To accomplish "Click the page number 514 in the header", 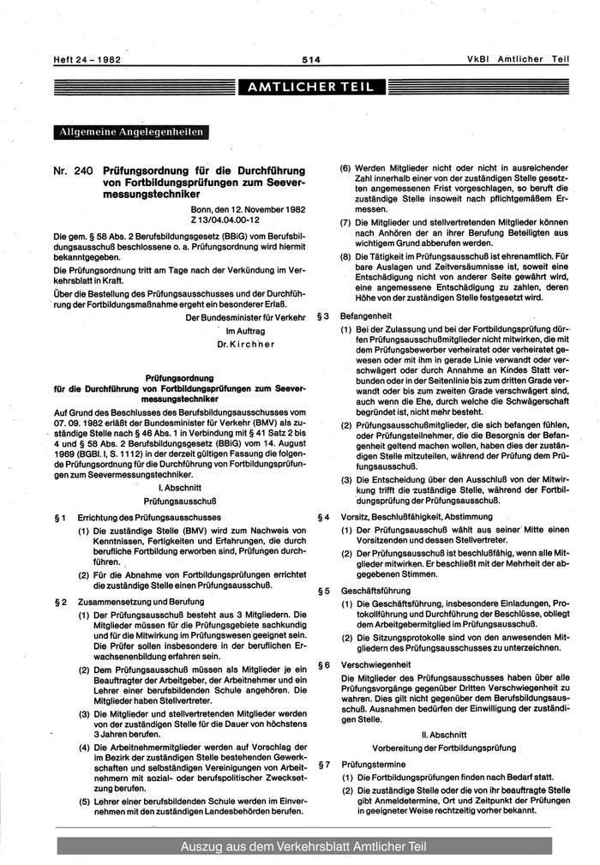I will (x=310, y=59).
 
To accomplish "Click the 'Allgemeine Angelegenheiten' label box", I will (x=130, y=132).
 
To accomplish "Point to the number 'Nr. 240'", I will (x=72, y=171).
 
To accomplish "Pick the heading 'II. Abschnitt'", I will (x=443, y=734).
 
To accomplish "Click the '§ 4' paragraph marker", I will (x=324, y=517).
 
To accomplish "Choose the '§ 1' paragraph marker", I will (x=60, y=517).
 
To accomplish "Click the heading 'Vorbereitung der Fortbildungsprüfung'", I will (x=443, y=748).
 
